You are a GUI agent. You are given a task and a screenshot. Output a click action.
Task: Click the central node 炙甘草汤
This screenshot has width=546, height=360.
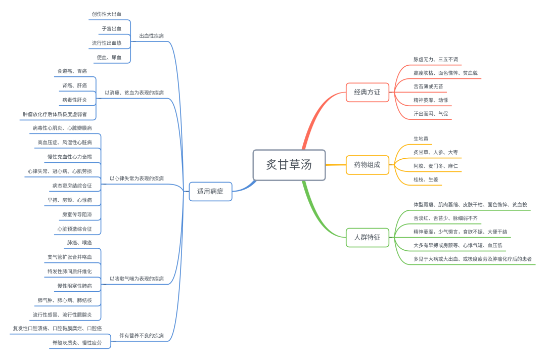[x=289, y=165]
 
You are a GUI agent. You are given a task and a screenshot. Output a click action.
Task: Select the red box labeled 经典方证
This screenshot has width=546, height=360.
[x=367, y=93]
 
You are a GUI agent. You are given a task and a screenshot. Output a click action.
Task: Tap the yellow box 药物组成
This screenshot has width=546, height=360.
[x=367, y=165]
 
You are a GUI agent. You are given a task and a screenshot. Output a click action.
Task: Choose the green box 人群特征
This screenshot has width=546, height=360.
[x=367, y=237]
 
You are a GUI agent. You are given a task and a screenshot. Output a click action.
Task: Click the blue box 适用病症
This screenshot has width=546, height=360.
[x=210, y=192]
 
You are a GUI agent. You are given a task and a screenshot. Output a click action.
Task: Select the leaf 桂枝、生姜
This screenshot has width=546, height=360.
[x=426, y=179]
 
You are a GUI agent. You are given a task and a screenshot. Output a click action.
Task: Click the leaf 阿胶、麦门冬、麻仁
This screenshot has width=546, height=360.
[x=435, y=166]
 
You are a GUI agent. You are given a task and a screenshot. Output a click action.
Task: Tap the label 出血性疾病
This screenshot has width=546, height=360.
[x=151, y=36]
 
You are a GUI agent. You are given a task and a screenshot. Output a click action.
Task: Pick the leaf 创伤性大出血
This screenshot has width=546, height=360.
[x=107, y=15]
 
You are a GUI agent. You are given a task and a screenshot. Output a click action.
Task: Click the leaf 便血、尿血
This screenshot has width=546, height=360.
[x=109, y=58]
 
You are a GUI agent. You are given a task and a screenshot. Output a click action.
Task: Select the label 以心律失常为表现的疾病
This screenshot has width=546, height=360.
[x=136, y=178]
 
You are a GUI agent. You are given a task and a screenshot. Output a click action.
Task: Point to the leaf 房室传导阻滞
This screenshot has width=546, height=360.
[x=77, y=215]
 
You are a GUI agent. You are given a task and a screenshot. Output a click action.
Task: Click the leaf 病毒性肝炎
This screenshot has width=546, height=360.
[x=74, y=100]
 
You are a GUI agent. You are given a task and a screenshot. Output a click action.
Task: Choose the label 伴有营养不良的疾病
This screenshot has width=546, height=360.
[x=141, y=336]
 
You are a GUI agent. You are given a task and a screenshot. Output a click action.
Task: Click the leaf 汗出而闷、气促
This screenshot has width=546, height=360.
[x=430, y=114]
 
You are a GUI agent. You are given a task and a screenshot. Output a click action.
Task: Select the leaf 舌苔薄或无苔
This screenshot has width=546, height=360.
[x=428, y=86]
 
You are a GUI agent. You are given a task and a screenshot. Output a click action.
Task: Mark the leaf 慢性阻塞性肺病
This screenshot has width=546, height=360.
[x=74, y=286]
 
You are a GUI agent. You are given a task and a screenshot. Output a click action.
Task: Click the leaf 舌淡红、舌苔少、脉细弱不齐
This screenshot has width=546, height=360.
[x=445, y=218]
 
